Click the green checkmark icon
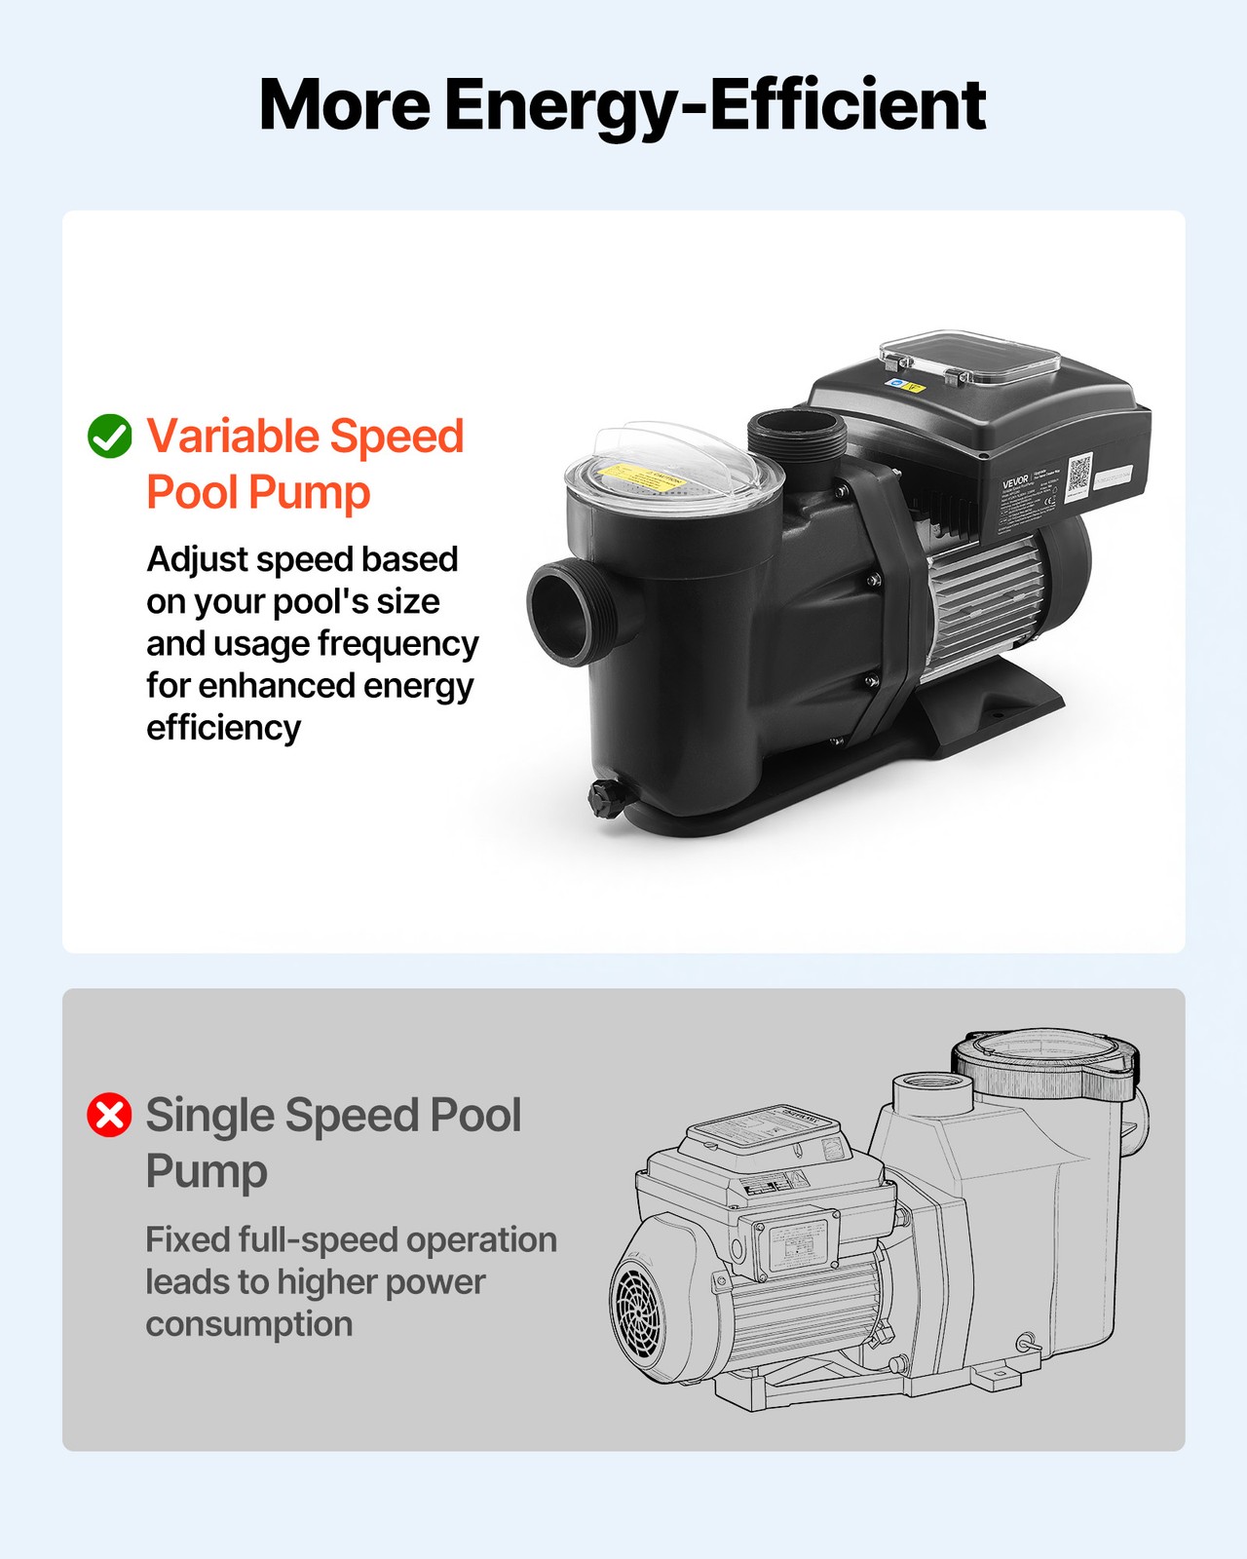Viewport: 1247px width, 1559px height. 109,436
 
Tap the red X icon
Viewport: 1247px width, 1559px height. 109,1115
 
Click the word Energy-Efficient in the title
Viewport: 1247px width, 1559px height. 715,105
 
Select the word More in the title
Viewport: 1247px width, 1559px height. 344,105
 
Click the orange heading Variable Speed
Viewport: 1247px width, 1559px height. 305,436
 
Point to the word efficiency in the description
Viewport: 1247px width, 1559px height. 223,728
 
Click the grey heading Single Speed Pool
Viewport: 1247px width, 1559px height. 333,1115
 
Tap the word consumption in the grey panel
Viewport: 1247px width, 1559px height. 248,1324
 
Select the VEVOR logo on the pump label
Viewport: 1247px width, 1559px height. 1015,481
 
